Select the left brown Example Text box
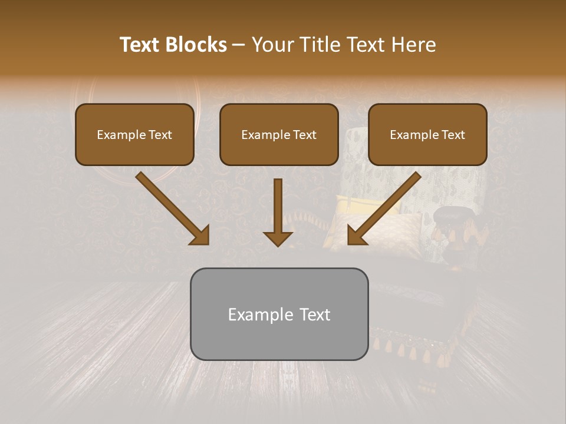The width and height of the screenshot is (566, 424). pos(134,134)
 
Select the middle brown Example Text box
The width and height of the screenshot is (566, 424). pos(279,134)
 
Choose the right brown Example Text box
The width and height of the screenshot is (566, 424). pos(427,134)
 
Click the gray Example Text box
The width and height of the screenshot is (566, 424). pos(279,314)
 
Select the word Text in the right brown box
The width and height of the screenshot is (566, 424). pos(453,135)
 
